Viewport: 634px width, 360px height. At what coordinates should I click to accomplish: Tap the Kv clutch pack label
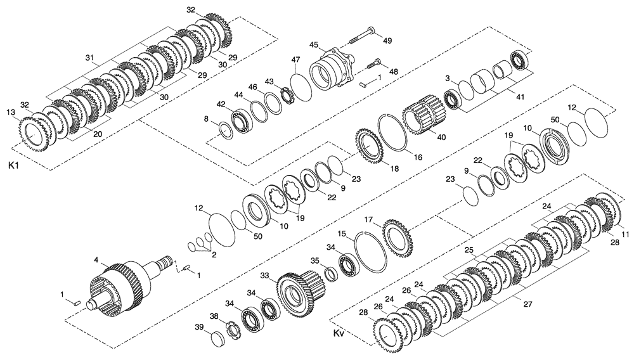[x=337, y=333]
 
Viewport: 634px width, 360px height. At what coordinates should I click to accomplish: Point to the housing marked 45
[x=333, y=70]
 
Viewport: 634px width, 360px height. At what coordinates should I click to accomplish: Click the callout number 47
[x=295, y=59]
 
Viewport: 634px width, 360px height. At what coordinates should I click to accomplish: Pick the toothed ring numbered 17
[x=397, y=236]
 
